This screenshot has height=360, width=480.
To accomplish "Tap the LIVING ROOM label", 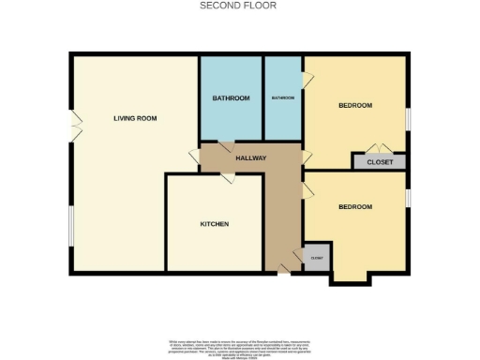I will point(134,118).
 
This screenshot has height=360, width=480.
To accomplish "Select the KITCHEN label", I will point(214,224).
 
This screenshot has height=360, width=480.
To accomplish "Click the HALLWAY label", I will point(250,158).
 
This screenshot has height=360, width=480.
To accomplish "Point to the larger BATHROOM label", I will point(231,98).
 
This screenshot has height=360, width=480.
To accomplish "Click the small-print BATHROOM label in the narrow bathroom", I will point(283,98).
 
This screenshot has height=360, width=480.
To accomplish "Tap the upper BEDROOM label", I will point(355,105).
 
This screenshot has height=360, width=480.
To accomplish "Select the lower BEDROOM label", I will point(355,206).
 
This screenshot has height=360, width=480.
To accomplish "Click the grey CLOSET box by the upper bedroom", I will point(380,162).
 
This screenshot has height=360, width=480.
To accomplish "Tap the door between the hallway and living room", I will point(194,156).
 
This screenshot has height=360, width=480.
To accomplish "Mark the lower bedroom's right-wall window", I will point(408,199).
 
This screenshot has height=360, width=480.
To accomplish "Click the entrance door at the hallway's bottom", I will point(282,272).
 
